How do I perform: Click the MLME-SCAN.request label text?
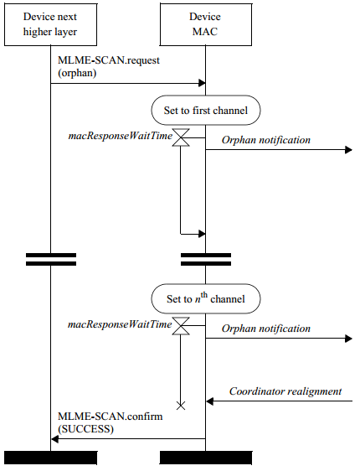pyautogui.click(x=109, y=66)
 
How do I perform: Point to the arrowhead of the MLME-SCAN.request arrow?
pyautogui.click(x=203, y=83)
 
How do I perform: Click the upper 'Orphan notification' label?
pyautogui.click(x=266, y=140)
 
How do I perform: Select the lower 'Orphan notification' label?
pyautogui.click(x=266, y=329)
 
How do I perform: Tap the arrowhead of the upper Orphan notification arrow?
pyautogui.click(x=348, y=149)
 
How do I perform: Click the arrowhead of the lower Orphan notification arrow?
pyautogui.click(x=348, y=339)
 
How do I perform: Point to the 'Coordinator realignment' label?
pyautogui.click(x=285, y=391)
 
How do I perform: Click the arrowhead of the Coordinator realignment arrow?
pyautogui.click(x=209, y=401)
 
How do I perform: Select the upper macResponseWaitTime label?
pyautogui.click(x=121, y=136)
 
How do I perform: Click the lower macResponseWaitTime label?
pyautogui.click(x=120, y=324)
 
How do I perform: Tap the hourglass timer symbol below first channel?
pyautogui.click(x=181, y=137)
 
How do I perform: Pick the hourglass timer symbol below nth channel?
pyautogui.click(x=181, y=326)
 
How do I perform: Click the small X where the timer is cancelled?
pyautogui.click(x=181, y=406)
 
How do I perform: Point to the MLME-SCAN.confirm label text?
pyautogui.click(x=111, y=422)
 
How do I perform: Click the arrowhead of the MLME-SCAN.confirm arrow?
pyautogui.click(x=54, y=439)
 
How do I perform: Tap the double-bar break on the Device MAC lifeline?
pyautogui.click(x=206, y=260)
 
